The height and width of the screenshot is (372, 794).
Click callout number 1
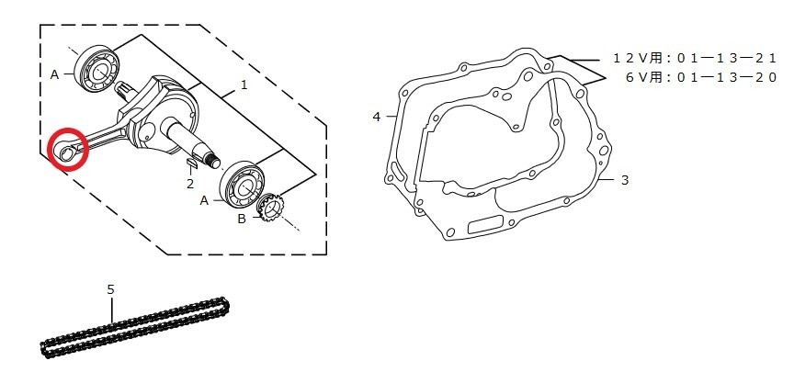[244, 85]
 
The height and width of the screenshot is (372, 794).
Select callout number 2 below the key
[190, 184]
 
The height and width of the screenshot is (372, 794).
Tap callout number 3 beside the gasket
[625, 180]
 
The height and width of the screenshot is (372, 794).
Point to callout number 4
[376, 117]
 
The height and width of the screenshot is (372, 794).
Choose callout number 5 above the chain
[111, 289]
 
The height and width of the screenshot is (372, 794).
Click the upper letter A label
[55, 75]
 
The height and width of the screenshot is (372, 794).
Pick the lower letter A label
[204, 201]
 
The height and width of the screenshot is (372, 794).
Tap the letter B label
[242, 219]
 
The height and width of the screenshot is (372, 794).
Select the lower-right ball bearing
[244, 186]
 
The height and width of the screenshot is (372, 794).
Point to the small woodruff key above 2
[192, 162]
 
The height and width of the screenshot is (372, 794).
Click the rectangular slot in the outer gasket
[485, 225]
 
